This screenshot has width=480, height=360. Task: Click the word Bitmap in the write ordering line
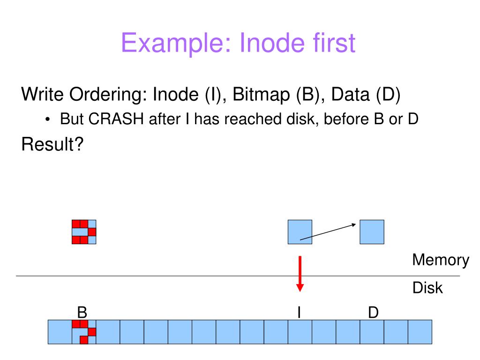(x=261, y=95)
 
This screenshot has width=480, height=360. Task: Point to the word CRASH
(x=116, y=119)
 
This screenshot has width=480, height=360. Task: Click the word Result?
(x=52, y=144)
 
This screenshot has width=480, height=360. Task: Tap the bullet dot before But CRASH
(x=47, y=120)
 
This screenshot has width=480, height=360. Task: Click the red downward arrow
(x=300, y=274)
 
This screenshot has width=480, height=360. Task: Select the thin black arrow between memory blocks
(x=328, y=232)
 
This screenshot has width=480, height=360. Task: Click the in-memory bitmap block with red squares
(x=84, y=232)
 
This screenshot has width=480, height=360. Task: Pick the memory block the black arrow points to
(x=372, y=232)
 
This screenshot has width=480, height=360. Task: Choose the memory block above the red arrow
(x=300, y=232)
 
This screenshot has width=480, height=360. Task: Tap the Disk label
(x=427, y=288)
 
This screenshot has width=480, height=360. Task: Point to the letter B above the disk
(x=82, y=313)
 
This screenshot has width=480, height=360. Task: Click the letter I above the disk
(x=299, y=313)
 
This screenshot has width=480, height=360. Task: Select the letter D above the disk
(x=374, y=313)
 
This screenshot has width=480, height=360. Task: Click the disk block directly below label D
(x=372, y=332)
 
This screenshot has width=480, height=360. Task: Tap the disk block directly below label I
(x=300, y=332)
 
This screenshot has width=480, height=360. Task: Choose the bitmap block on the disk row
(x=84, y=332)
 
